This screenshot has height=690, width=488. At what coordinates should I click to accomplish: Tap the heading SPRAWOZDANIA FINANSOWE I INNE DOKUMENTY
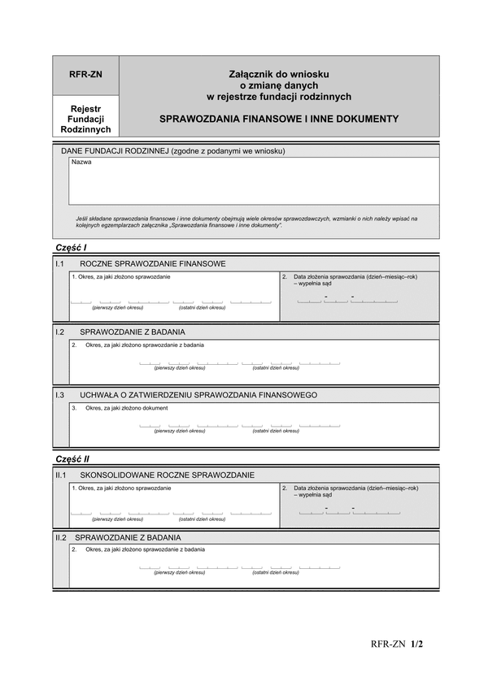(x=279, y=119)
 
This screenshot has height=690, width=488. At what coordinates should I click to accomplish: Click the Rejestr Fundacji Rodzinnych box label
(x=85, y=119)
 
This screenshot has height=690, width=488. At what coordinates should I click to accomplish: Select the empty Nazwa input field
(x=254, y=183)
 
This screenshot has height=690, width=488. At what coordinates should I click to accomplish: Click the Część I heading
(x=71, y=247)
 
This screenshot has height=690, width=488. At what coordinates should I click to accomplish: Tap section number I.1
(x=60, y=263)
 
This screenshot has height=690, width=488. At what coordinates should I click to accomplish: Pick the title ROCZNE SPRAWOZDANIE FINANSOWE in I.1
(x=153, y=263)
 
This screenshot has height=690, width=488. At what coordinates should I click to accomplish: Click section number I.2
(x=60, y=332)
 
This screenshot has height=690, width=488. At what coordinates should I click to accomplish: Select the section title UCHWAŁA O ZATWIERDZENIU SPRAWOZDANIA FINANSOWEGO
(x=198, y=395)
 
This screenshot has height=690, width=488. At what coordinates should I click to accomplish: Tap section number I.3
(x=60, y=395)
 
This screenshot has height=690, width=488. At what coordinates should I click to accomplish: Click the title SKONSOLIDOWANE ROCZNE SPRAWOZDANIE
(x=168, y=475)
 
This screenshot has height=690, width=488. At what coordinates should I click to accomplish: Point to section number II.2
(x=61, y=537)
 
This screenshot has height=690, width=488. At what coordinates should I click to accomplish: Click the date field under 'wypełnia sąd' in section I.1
(x=348, y=299)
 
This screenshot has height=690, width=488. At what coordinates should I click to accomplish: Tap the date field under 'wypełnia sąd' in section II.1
(x=349, y=510)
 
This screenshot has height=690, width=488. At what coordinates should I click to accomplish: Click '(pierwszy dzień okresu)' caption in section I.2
(x=180, y=368)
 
